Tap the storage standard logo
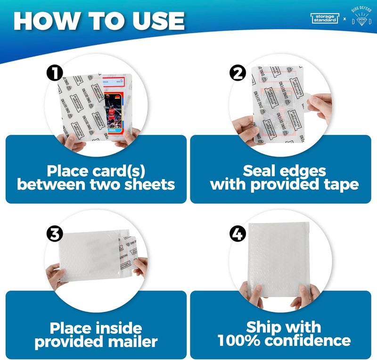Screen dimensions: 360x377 [x=325, y=18]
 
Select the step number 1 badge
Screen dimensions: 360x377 [x=56, y=73]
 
